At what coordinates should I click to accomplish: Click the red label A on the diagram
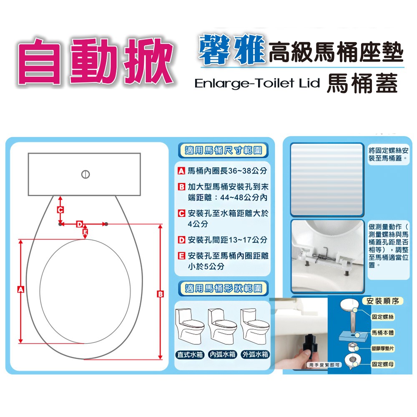point(20,289)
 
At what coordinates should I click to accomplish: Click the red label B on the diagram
point(160,294)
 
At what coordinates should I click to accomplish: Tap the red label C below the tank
point(60,210)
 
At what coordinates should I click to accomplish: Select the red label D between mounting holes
point(79,224)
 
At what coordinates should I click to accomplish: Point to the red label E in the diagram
point(85,232)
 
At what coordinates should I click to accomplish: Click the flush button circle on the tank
point(85,174)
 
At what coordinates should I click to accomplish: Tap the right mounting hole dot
point(106,224)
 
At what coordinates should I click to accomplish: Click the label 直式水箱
point(190,354)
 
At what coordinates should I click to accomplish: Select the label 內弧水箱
point(223,354)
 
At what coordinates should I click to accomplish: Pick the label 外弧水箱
point(255,354)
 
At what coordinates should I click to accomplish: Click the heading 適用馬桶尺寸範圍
point(223,151)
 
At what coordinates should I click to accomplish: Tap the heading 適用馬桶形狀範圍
point(223,288)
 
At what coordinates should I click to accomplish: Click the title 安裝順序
point(383,301)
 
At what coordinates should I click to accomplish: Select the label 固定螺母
point(383,364)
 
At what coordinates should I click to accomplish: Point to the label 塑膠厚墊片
point(383,348)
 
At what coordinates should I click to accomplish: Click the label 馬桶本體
point(383,333)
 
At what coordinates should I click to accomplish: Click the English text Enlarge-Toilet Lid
point(257,83)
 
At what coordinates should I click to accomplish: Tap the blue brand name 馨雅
point(232,50)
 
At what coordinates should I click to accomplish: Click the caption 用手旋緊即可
point(324,365)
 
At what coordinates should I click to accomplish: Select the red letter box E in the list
point(181,256)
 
